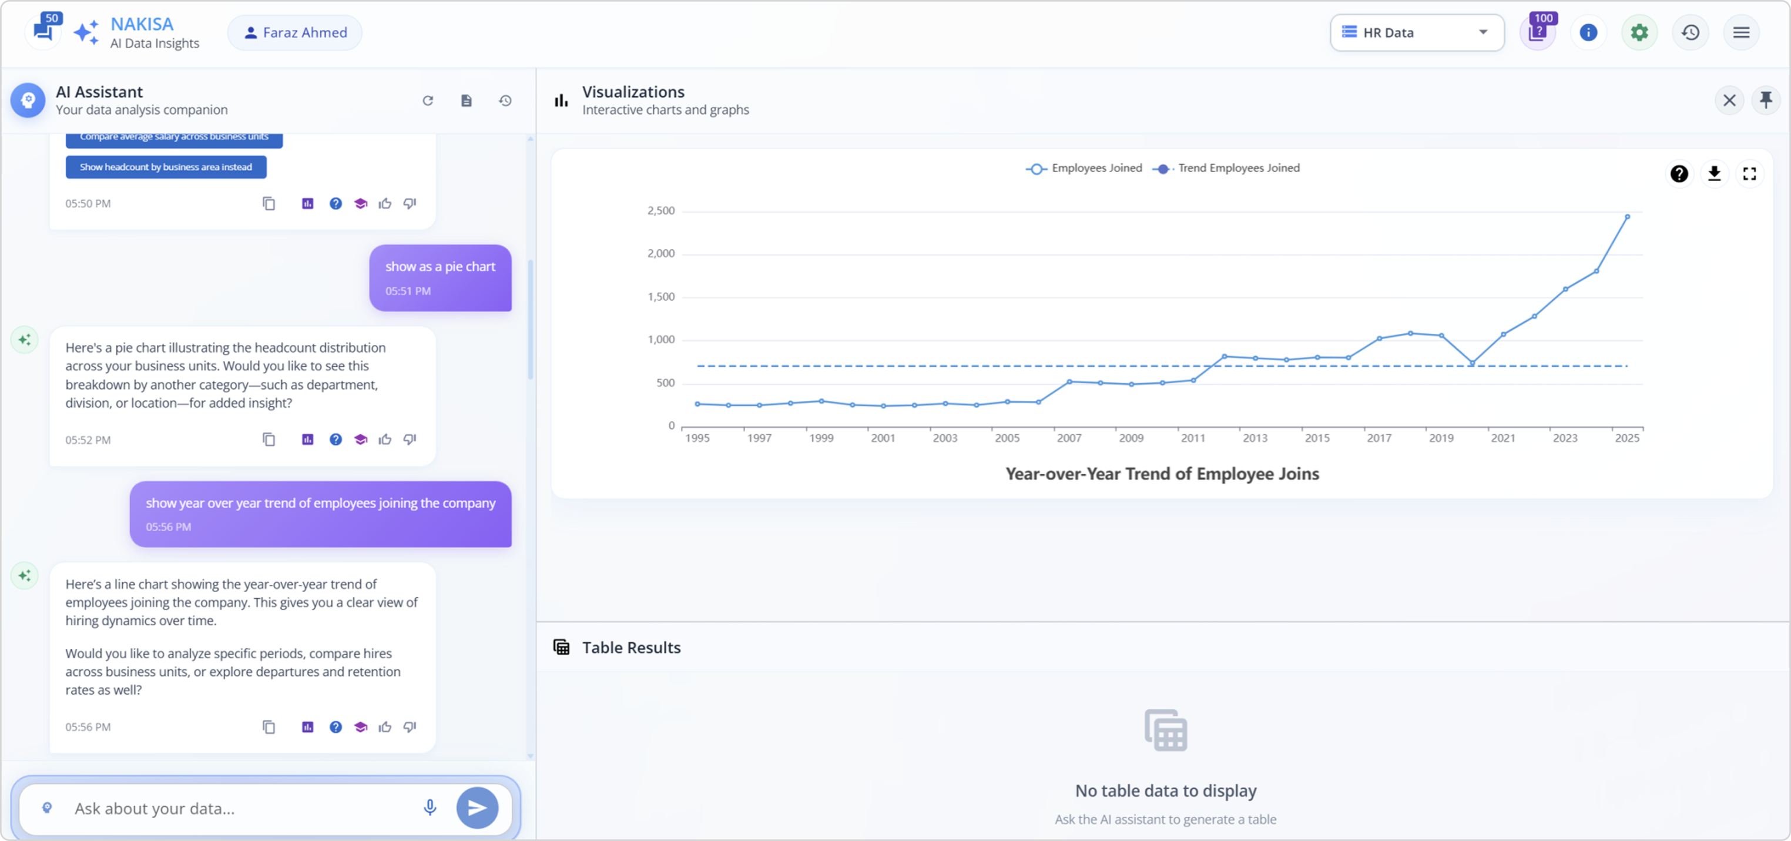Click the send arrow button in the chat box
click(477, 808)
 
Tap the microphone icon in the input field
click(430, 808)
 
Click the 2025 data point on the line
click(1627, 217)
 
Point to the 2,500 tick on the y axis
click(660, 211)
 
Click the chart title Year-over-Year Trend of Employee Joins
click(1162, 474)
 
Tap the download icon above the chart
click(1714, 173)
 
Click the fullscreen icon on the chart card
click(1749, 173)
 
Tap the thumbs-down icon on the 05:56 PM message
click(410, 727)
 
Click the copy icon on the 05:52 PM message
click(269, 440)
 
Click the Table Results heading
click(630, 648)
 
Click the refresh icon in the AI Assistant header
click(428, 101)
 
